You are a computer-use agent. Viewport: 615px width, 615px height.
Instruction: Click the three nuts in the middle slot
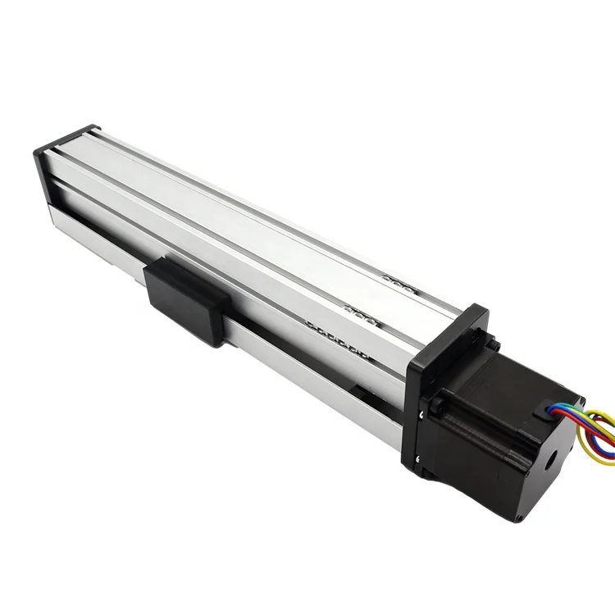361,312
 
